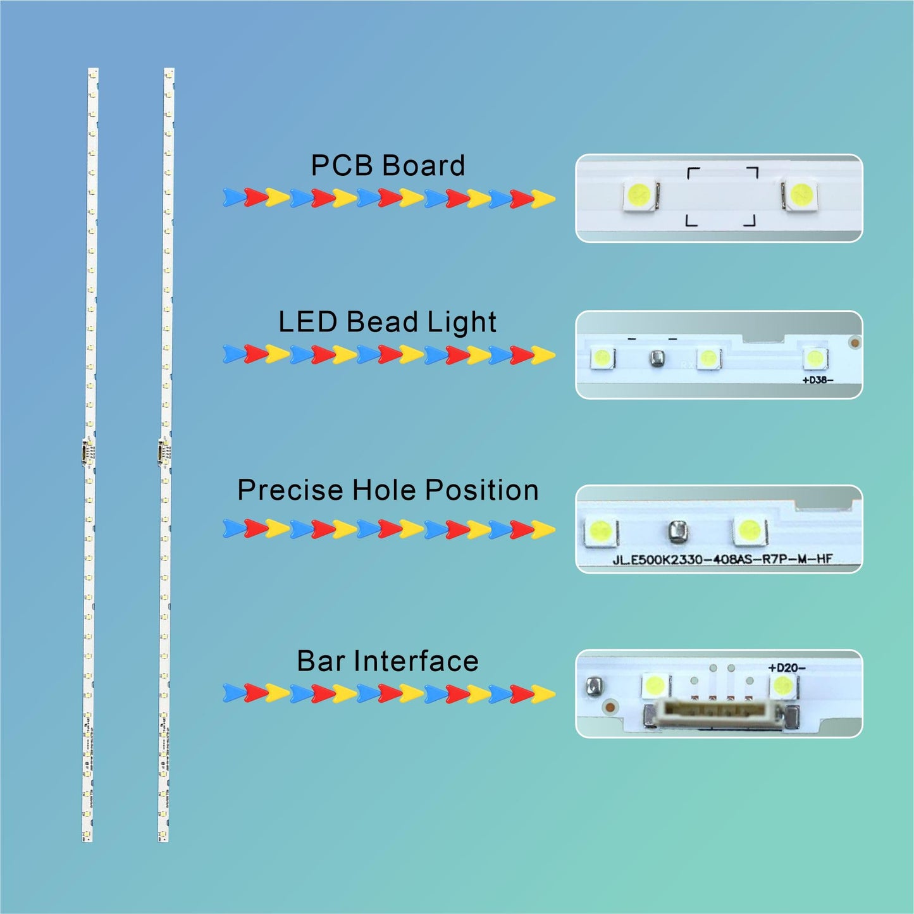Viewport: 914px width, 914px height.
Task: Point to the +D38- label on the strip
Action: [x=817, y=380]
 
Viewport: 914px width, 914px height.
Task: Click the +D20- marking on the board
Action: [x=786, y=668]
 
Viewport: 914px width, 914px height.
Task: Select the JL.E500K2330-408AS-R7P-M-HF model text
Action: [x=722, y=559]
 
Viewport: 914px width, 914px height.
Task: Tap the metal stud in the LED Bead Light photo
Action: [x=657, y=359]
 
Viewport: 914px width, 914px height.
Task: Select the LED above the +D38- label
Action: [x=814, y=358]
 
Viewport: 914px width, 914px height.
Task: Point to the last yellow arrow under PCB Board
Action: [x=543, y=199]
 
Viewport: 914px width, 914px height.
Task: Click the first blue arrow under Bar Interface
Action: [x=233, y=693]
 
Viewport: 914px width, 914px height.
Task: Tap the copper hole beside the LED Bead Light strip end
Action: [x=855, y=343]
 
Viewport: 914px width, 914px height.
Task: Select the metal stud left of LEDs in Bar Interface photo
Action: [x=593, y=685]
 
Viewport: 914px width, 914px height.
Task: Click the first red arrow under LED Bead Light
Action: [x=256, y=354]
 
